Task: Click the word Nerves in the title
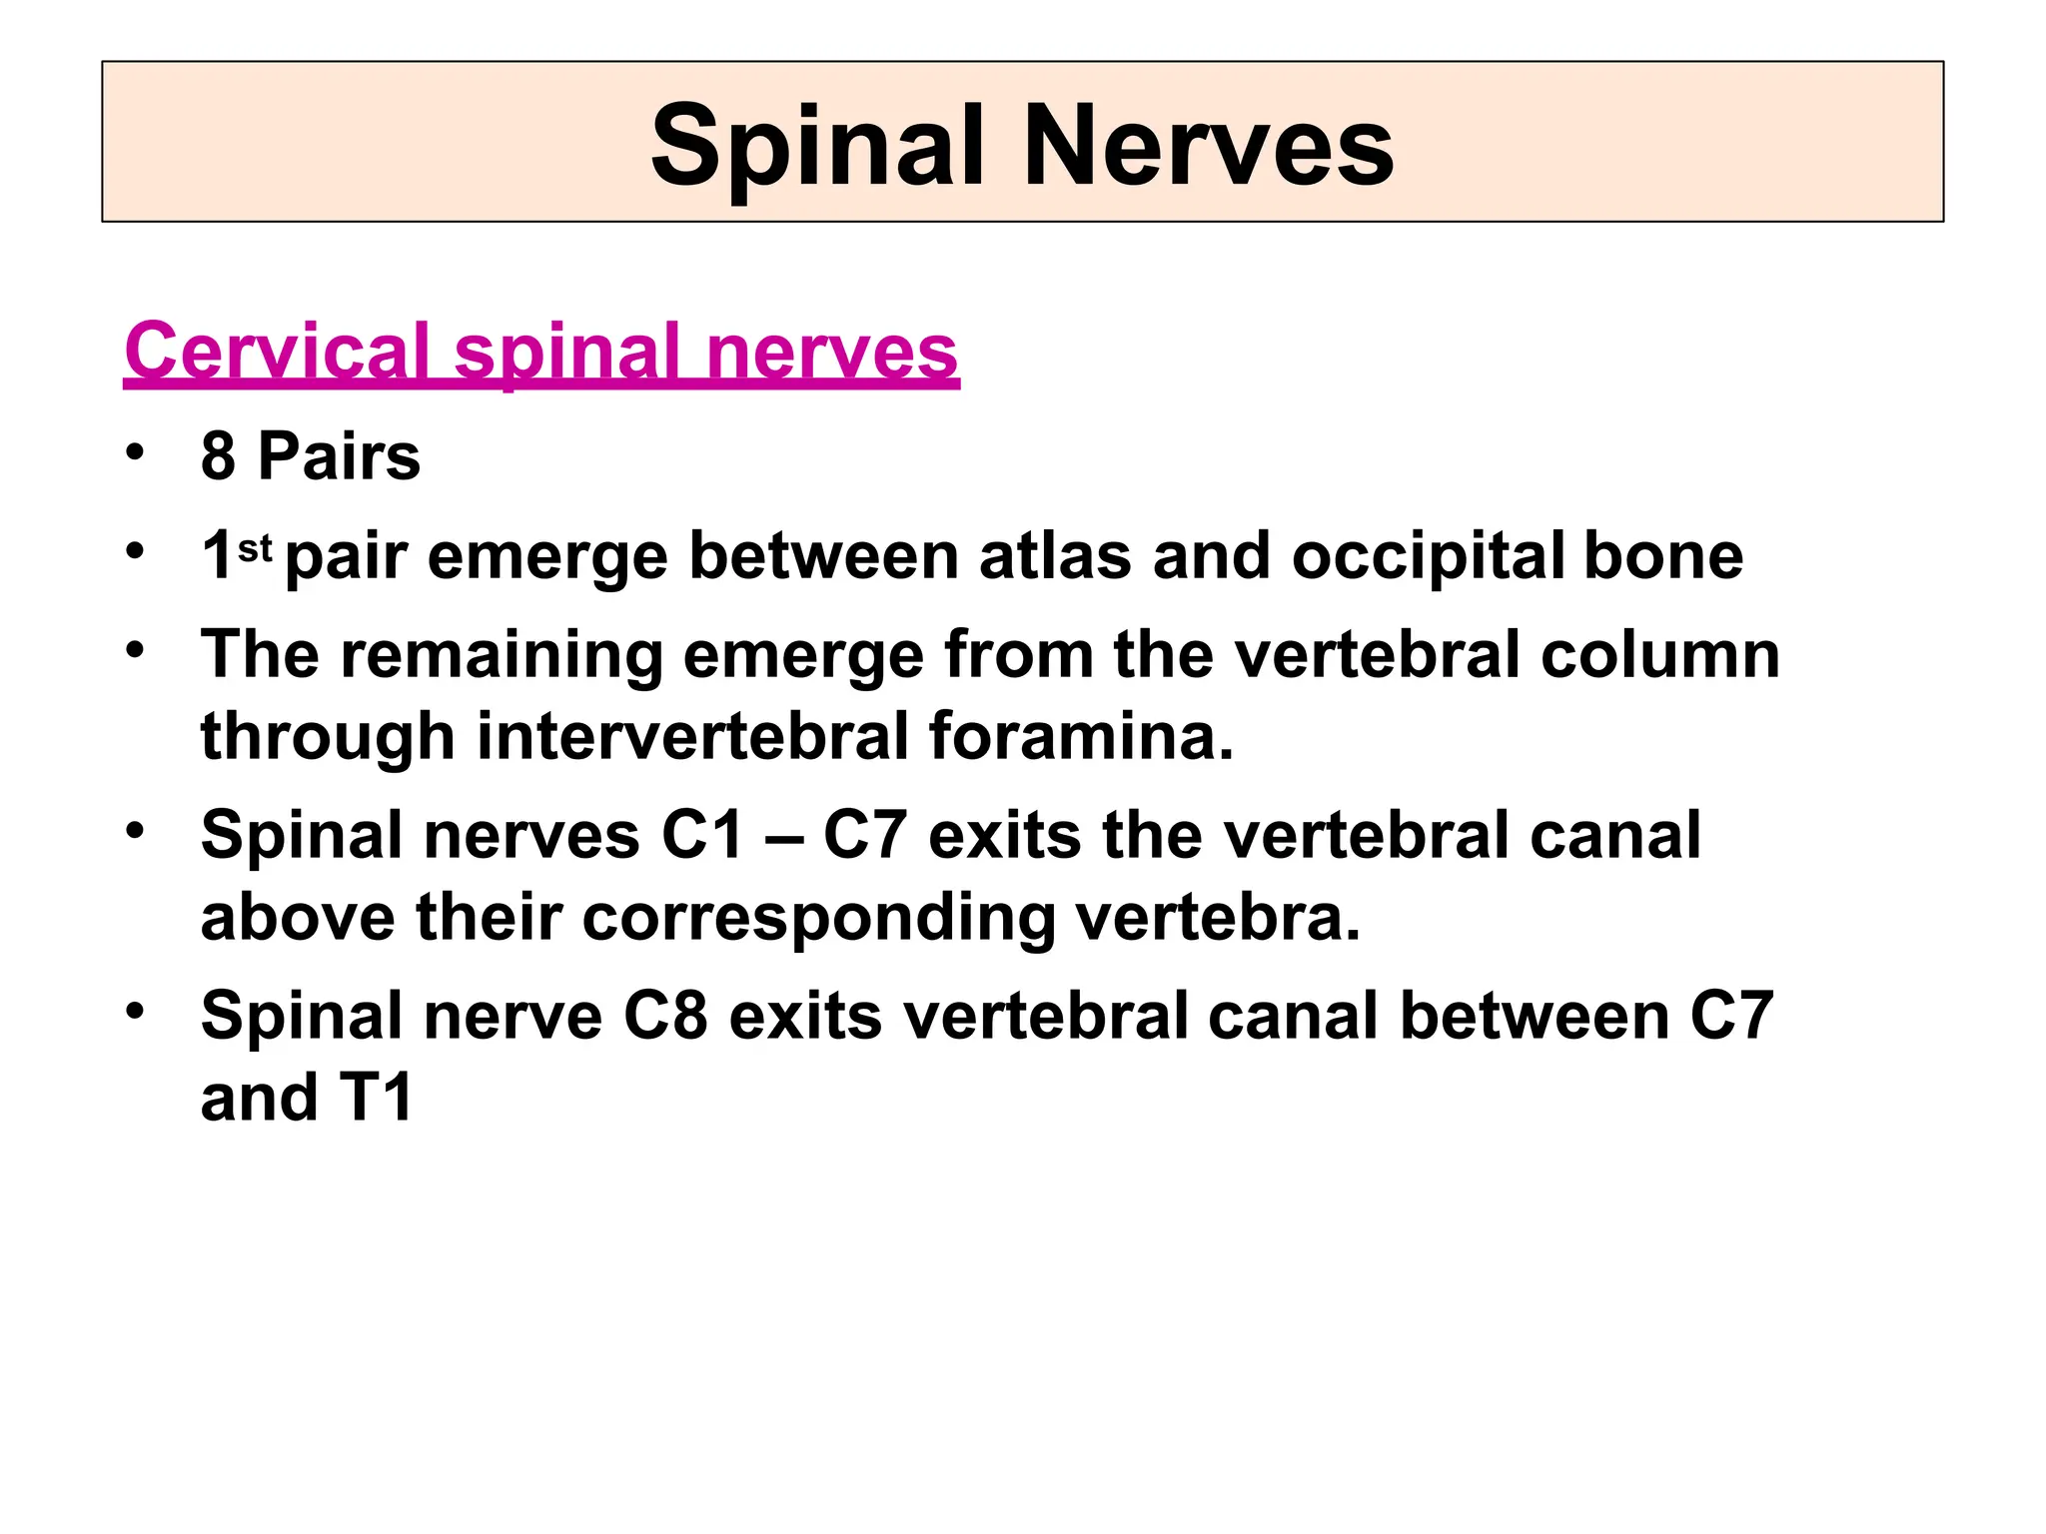(1208, 146)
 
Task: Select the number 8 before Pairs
(218, 456)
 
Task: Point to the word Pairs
(339, 456)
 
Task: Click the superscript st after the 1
(255, 548)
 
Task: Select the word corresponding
(818, 918)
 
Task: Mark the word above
(298, 916)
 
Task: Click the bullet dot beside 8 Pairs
(135, 452)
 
